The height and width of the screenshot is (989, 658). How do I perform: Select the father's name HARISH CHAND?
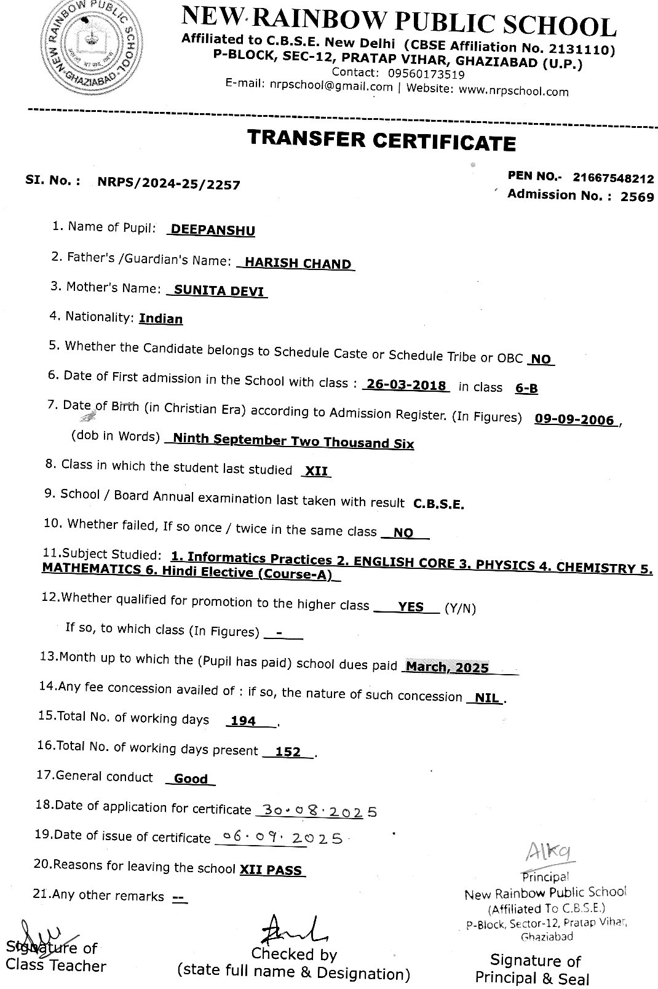point(298,263)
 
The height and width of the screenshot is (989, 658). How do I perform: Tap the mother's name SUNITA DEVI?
point(220,290)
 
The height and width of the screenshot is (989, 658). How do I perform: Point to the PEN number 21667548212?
point(613,178)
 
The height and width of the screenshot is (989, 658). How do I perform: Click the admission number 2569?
point(637,197)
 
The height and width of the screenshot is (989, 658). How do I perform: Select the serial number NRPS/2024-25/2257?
point(168,184)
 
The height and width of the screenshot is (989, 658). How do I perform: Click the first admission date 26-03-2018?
point(406,386)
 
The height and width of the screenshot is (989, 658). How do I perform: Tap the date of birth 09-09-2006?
point(574,419)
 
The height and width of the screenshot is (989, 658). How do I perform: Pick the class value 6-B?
point(526,388)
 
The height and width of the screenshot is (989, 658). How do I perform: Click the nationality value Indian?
point(161,319)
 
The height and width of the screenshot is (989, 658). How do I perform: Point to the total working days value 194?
point(244,721)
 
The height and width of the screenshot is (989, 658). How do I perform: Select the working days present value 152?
point(288,752)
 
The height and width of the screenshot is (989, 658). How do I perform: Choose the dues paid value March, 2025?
point(447,667)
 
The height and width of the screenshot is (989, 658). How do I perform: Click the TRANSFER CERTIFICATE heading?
point(381,140)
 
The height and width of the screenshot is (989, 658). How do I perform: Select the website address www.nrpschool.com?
point(514,91)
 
